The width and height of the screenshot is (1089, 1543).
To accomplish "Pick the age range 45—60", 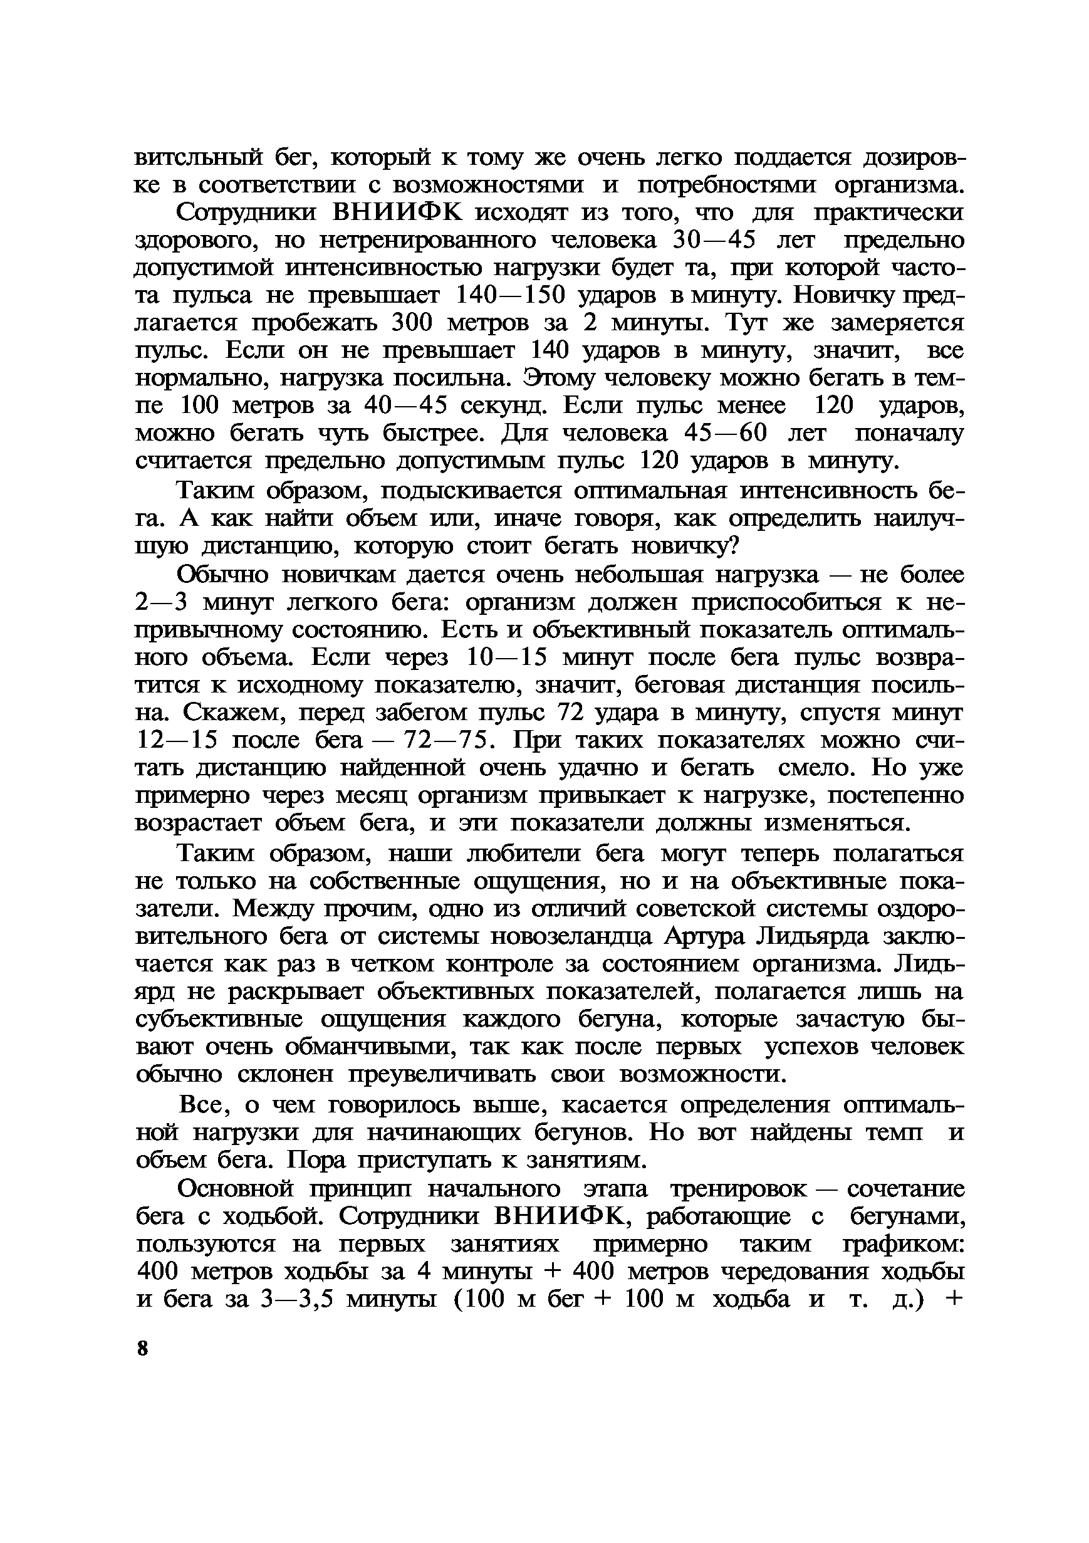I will pyautogui.click(x=724, y=433).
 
